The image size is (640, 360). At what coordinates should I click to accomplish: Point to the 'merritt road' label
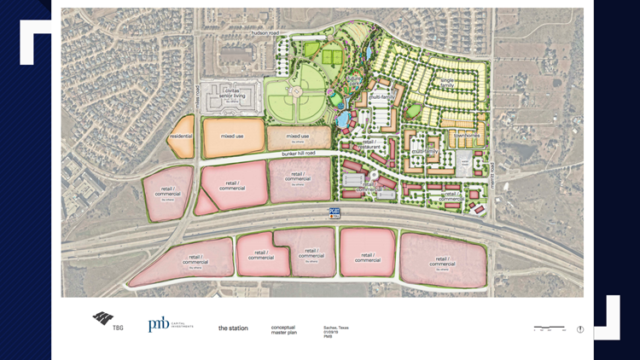[492, 173]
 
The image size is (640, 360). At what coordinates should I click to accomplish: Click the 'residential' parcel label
[181, 136]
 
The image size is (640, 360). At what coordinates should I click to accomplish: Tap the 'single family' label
[447, 84]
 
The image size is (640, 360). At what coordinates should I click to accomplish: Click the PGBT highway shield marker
[335, 213]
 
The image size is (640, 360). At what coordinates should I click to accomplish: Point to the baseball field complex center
[294, 92]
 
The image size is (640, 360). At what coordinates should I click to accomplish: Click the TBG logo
[103, 322]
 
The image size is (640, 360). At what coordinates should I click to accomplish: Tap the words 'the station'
[233, 328]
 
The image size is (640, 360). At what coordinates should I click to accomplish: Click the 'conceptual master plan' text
[283, 328]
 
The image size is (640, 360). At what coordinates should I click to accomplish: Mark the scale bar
[548, 327]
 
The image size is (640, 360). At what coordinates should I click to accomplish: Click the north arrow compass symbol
[580, 328]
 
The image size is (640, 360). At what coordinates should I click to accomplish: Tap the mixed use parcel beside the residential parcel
[232, 136]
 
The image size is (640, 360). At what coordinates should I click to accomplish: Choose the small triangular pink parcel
[205, 204]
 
